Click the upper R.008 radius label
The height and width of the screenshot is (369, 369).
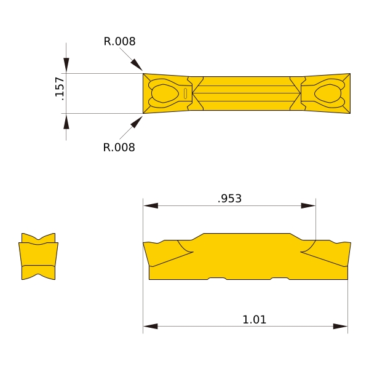click(119, 41)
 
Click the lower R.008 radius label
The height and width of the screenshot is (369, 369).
click(119, 148)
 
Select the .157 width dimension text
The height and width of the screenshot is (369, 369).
click(60, 89)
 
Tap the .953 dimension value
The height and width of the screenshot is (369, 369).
click(229, 199)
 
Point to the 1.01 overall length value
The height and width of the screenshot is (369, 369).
click(254, 320)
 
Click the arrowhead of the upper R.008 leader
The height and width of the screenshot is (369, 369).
click(137, 65)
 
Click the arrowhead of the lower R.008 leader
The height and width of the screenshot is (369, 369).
click(137, 122)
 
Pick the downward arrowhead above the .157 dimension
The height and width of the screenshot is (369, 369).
click(66, 65)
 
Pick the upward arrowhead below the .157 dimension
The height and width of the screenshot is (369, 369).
click(66, 121)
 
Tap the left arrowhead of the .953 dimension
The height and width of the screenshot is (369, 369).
click(151, 205)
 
